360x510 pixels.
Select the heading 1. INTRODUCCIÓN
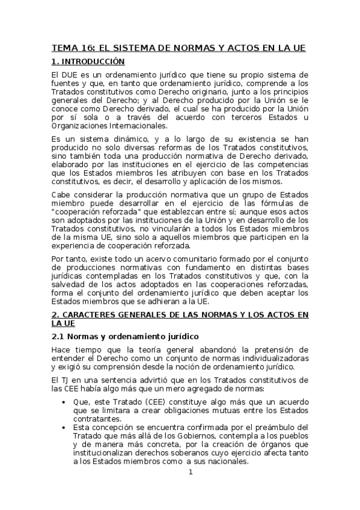point(88,61)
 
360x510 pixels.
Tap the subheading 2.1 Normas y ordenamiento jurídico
point(125,336)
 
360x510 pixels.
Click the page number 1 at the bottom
point(191,472)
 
